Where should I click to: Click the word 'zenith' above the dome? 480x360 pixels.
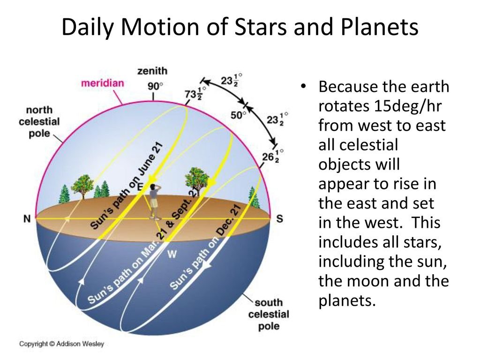(x=152, y=71)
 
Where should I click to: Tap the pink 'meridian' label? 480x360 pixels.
(x=103, y=83)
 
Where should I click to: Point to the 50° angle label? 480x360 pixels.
(x=238, y=115)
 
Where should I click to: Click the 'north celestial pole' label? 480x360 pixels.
(x=39, y=121)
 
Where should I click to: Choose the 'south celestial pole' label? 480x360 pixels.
(x=269, y=314)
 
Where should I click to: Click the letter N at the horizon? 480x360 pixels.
(x=27, y=218)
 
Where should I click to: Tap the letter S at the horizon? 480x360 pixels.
(x=279, y=218)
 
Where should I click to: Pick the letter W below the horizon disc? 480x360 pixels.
(x=172, y=254)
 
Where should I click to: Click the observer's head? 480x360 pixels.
(x=153, y=187)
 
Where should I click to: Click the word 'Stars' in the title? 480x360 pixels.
(x=261, y=27)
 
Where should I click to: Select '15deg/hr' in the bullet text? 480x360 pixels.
(x=407, y=106)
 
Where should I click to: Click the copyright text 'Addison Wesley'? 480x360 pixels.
(x=80, y=344)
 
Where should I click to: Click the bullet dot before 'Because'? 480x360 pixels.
(x=303, y=86)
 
